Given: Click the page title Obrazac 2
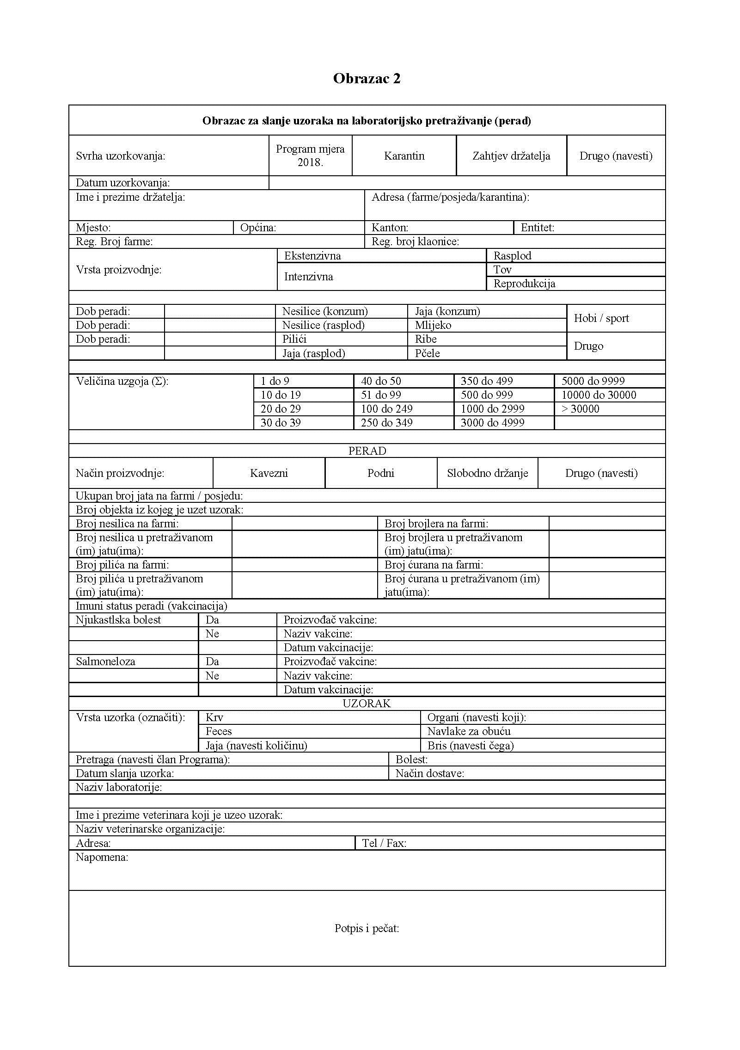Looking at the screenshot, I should pyautogui.click(x=367, y=78).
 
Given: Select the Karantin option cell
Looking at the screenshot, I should pyautogui.click(x=404, y=156).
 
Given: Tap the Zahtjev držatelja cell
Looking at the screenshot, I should pyautogui.click(x=511, y=156).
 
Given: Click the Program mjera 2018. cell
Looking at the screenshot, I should pyautogui.click(x=310, y=155).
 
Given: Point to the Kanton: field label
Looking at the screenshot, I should pyautogui.click(x=390, y=228).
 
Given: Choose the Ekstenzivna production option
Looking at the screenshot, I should pyautogui.click(x=312, y=256).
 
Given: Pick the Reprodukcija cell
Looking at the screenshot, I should pyautogui.click(x=524, y=284).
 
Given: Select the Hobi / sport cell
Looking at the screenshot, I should pyautogui.click(x=601, y=318).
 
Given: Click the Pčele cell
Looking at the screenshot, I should pyautogui.click(x=428, y=353).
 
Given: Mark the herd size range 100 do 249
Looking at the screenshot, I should pyautogui.click(x=386, y=409).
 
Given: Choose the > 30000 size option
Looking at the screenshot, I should pyautogui.click(x=580, y=409).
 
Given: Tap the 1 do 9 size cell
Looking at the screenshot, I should pyautogui.click(x=275, y=381).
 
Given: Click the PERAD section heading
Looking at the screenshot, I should pyautogui.click(x=367, y=451).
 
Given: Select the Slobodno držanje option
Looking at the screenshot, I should pyautogui.click(x=487, y=473).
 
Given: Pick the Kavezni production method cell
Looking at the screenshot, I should pyautogui.click(x=269, y=473).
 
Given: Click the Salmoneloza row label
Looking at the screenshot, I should pyautogui.click(x=105, y=661).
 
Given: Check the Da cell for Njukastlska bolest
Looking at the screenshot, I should pyautogui.click(x=212, y=620).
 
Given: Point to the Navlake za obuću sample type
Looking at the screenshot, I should pyautogui.click(x=469, y=731).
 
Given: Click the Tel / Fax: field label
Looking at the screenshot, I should pyautogui.click(x=384, y=843).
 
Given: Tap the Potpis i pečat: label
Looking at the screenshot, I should pyautogui.click(x=367, y=928).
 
